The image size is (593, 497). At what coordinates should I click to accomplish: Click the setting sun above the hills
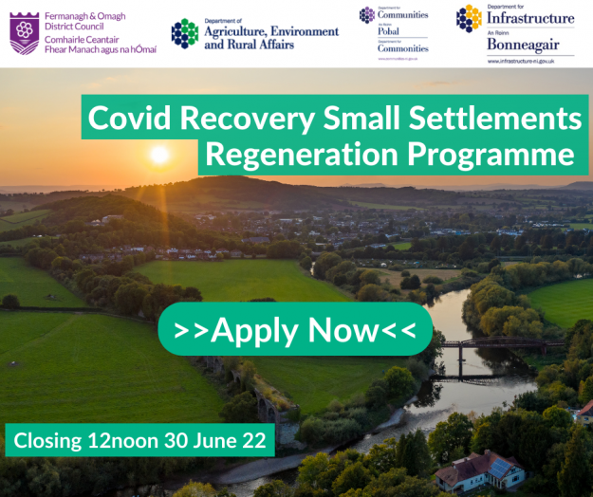159,153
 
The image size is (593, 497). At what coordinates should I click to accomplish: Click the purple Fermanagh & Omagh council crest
24,33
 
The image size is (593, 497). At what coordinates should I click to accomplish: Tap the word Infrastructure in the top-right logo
530,18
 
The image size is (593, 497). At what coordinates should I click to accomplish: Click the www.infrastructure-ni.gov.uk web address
530,62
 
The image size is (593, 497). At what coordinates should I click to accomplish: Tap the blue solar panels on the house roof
499,465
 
